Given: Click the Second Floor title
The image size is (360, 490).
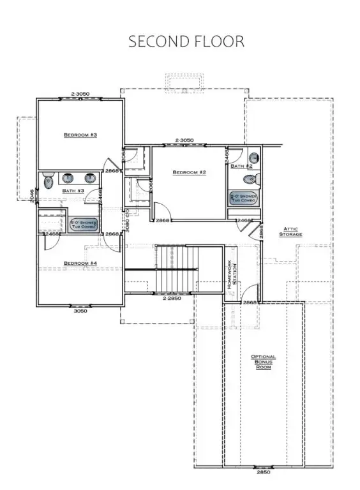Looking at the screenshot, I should click(x=186, y=41).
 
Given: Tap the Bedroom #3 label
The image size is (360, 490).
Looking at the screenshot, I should click(x=80, y=135).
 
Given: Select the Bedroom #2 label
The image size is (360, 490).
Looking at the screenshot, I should click(x=189, y=172).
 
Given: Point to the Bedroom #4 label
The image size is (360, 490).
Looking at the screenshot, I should click(x=80, y=263).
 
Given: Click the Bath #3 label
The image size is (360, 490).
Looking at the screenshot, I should click(x=73, y=191).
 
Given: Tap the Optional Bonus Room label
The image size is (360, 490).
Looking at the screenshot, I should click(x=263, y=362).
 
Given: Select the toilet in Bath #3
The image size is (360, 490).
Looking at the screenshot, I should click(x=48, y=182).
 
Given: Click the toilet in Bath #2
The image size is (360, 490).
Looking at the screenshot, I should click(x=254, y=158).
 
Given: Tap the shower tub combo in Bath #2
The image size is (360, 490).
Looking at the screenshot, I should click(x=244, y=198).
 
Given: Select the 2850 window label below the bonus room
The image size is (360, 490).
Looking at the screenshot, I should click(x=263, y=473).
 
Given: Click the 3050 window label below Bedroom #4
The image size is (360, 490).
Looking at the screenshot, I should click(x=79, y=311).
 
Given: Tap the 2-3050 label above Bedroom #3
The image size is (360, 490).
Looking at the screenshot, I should click(x=79, y=94).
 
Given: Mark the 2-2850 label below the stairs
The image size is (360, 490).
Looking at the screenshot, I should click(x=173, y=298).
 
